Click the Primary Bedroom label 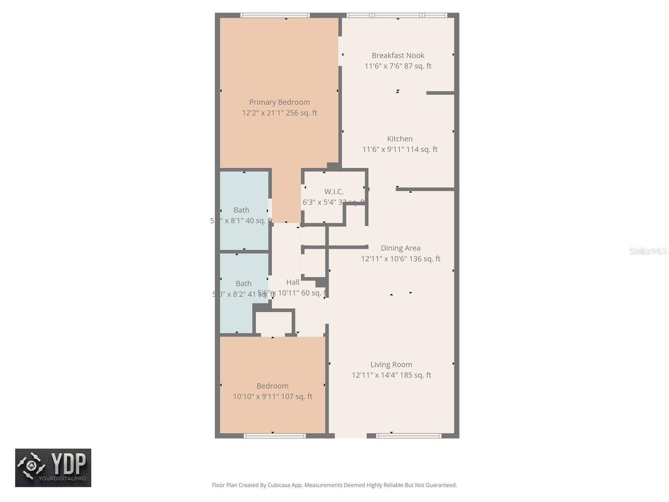[x=279, y=102]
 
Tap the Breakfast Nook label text [x=398, y=55]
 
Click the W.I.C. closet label [x=334, y=192]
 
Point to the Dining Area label [x=400, y=248]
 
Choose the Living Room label [x=391, y=364]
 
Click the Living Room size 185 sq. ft [x=415, y=375]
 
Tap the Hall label [x=293, y=282]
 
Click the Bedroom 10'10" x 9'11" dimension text [x=255, y=397]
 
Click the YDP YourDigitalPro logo [x=53, y=468]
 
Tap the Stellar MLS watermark [x=648, y=251]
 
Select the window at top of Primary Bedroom [x=275, y=15]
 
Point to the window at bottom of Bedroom [x=275, y=436]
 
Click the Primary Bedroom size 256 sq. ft [x=301, y=113]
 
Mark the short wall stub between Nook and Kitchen [x=440, y=93]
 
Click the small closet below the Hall [x=273, y=322]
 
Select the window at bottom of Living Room [x=409, y=436]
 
